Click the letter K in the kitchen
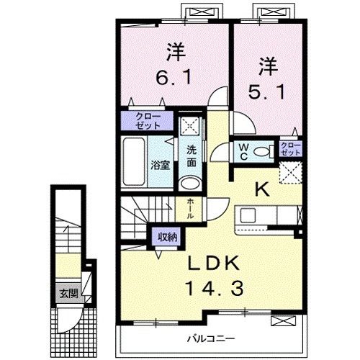point(261,189)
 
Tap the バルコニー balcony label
point(214,338)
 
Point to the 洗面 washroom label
point(192,156)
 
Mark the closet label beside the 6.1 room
point(146,120)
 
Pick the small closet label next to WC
point(290,149)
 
